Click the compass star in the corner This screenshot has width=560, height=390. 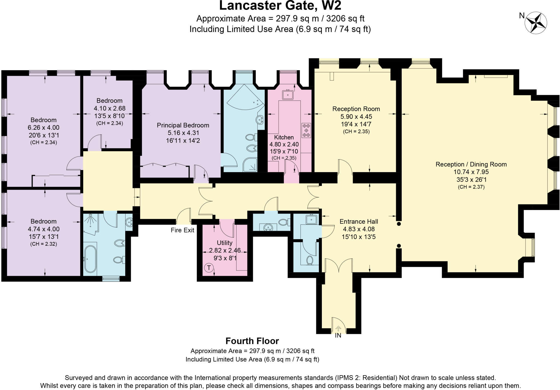point(536,23)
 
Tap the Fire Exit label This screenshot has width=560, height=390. point(182,230)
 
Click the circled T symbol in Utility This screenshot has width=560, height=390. point(209,267)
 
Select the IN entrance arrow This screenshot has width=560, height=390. point(338,328)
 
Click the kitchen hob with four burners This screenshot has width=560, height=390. point(306,131)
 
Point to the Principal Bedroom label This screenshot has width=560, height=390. point(183,125)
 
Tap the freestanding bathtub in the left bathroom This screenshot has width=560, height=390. point(90,259)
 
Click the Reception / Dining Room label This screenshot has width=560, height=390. point(471,164)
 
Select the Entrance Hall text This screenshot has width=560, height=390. point(359,221)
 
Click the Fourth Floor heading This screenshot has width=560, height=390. point(252,341)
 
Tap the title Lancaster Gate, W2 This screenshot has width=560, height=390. point(280,5)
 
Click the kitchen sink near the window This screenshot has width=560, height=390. point(288,95)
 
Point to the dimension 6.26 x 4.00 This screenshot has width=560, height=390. point(43,128)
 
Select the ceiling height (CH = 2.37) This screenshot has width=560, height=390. point(471,187)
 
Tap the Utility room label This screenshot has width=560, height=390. point(224,243)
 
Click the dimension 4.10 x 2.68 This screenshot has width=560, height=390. point(110,108)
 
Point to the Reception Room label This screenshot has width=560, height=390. point(356,109)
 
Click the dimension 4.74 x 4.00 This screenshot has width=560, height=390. point(43,229)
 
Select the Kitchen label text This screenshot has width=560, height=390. point(284,137)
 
